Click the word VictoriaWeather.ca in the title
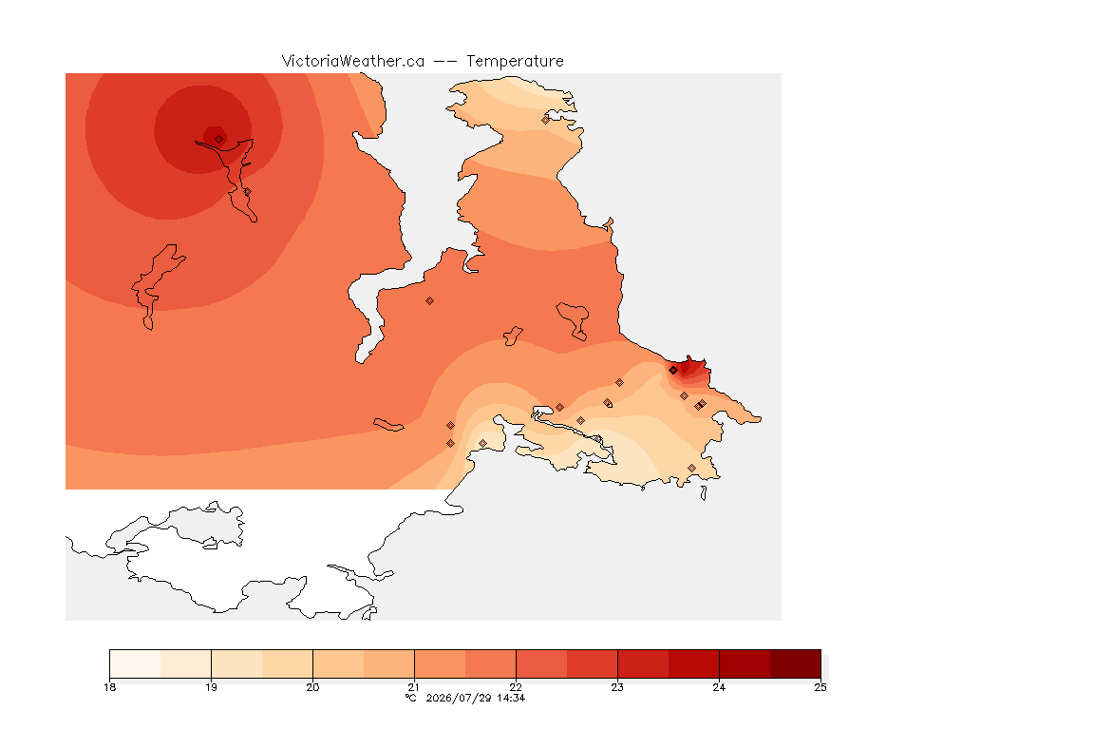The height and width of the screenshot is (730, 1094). [x=353, y=62]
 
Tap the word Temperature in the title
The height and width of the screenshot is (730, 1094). [x=515, y=62]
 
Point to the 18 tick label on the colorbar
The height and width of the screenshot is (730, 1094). [x=109, y=687]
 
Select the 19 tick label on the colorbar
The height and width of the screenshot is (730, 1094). [x=211, y=687]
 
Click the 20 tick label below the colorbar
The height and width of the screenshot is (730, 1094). [x=312, y=687]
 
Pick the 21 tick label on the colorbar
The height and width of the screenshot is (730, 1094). [x=414, y=687]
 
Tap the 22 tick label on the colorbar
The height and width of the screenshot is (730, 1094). [x=516, y=687]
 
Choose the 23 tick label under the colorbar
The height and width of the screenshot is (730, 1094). [x=617, y=687]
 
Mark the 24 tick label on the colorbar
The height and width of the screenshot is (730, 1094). [x=719, y=687]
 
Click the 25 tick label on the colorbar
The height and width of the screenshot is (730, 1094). [x=820, y=687]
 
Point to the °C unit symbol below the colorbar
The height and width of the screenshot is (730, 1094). [x=410, y=698]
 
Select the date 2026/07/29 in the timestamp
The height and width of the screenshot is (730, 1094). [x=458, y=698]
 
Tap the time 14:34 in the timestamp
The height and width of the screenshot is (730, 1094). [x=511, y=698]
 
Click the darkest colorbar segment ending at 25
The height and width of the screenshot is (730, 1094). [x=796, y=663]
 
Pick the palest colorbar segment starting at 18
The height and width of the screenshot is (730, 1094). [x=136, y=663]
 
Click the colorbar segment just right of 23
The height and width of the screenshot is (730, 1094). [x=643, y=663]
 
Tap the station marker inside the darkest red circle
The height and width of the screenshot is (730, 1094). [x=219, y=140]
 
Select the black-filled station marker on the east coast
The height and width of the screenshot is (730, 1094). [x=673, y=371]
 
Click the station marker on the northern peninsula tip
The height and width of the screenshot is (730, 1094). [x=546, y=120]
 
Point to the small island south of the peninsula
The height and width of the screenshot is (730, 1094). [x=704, y=493]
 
